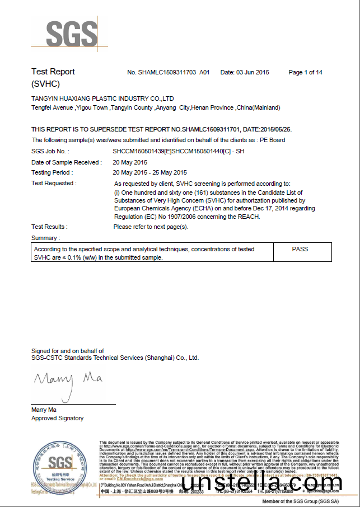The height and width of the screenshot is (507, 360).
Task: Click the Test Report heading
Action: pyautogui.click(x=53, y=72)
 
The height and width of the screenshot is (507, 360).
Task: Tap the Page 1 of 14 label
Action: pyautogui.click(x=305, y=73)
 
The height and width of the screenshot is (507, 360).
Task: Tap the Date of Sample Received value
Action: pyautogui.click(x=134, y=162)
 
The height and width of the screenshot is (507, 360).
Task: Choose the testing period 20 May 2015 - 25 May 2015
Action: pyautogui.click(x=149, y=172)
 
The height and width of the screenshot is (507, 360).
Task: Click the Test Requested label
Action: pyautogui.click(x=54, y=183)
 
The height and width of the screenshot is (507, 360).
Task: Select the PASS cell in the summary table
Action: pyautogui.click(x=300, y=249)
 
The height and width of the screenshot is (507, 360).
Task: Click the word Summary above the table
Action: pyautogui.click(x=45, y=238)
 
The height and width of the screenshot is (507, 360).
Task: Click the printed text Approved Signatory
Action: pyautogui.click(x=57, y=418)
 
